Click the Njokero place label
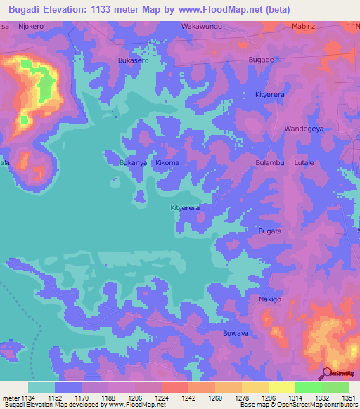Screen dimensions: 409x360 point(30,26)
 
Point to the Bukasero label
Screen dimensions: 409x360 point(133,60)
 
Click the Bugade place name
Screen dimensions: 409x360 point(261,60)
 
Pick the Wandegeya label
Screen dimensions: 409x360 point(304,129)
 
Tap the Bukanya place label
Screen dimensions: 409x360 point(132,162)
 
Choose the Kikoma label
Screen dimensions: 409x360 point(167,162)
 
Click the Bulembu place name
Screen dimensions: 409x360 point(269,162)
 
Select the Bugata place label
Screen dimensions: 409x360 point(269,231)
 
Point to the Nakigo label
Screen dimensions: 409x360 point(269,299)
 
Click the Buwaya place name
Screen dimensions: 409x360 point(236,333)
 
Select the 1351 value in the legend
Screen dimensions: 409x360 point(348,397)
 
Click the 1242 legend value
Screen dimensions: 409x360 point(188,397)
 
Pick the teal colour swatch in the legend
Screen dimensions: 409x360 point(41,387)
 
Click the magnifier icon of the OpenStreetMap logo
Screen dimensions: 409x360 point(326,373)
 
